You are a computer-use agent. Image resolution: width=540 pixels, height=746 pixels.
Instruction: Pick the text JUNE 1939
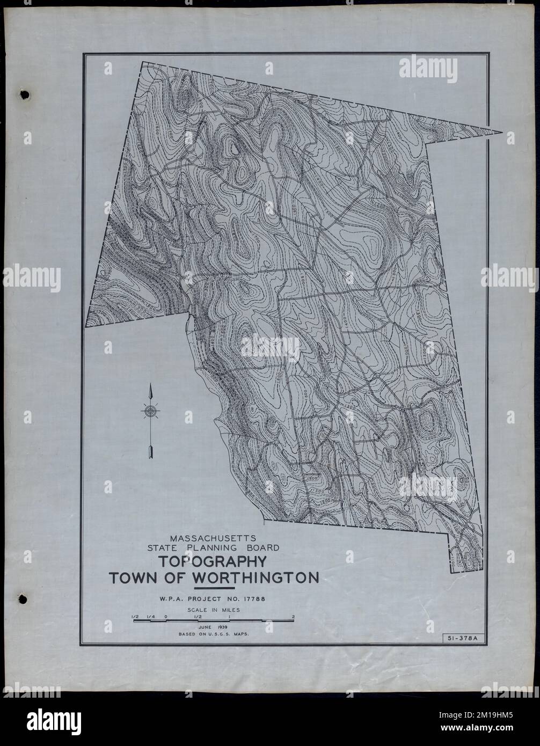pos(213,626)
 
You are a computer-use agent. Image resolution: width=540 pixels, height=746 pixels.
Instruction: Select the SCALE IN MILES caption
pos(213,610)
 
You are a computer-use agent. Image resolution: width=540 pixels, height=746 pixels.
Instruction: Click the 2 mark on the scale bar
pos(293,617)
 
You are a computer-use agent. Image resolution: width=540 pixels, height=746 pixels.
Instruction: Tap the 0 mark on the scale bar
pos(166,617)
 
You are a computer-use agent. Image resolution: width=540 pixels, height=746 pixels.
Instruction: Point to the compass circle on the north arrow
pos(151,412)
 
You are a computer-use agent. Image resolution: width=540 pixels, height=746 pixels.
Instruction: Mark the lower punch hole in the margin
pos(24,597)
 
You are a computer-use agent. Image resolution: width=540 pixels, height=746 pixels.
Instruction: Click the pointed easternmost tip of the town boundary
pos(502,132)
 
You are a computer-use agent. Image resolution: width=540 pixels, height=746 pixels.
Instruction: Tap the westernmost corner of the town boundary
pos(86,326)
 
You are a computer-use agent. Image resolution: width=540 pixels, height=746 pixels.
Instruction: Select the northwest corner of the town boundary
pos(142,62)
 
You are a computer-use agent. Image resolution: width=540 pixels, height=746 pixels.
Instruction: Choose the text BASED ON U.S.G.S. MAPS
pos(214,634)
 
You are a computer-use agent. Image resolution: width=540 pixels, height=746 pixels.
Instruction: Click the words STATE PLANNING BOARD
pos(214,548)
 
